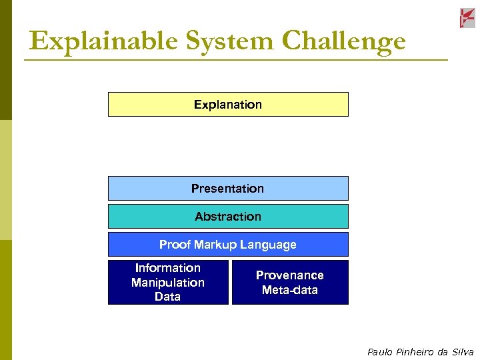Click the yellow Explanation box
click(x=228, y=105)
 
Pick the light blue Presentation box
click(x=228, y=189)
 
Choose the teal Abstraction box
click(x=228, y=217)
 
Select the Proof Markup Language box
click(x=228, y=245)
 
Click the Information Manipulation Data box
click(x=168, y=283)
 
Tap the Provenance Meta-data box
click(x=290, y=283)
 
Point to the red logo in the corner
click(x=467, y=18)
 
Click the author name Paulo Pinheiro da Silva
click(x=420, y=352)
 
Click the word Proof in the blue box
click(x=175, y=245)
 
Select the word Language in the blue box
click(x=270, y=245)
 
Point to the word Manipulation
click(x=168, y=283)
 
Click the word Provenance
click(x=290, y=275)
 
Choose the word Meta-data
click(x=290, y=290)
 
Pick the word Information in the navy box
click(x=168, y=268)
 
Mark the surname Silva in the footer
click(x=461, y=352)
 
